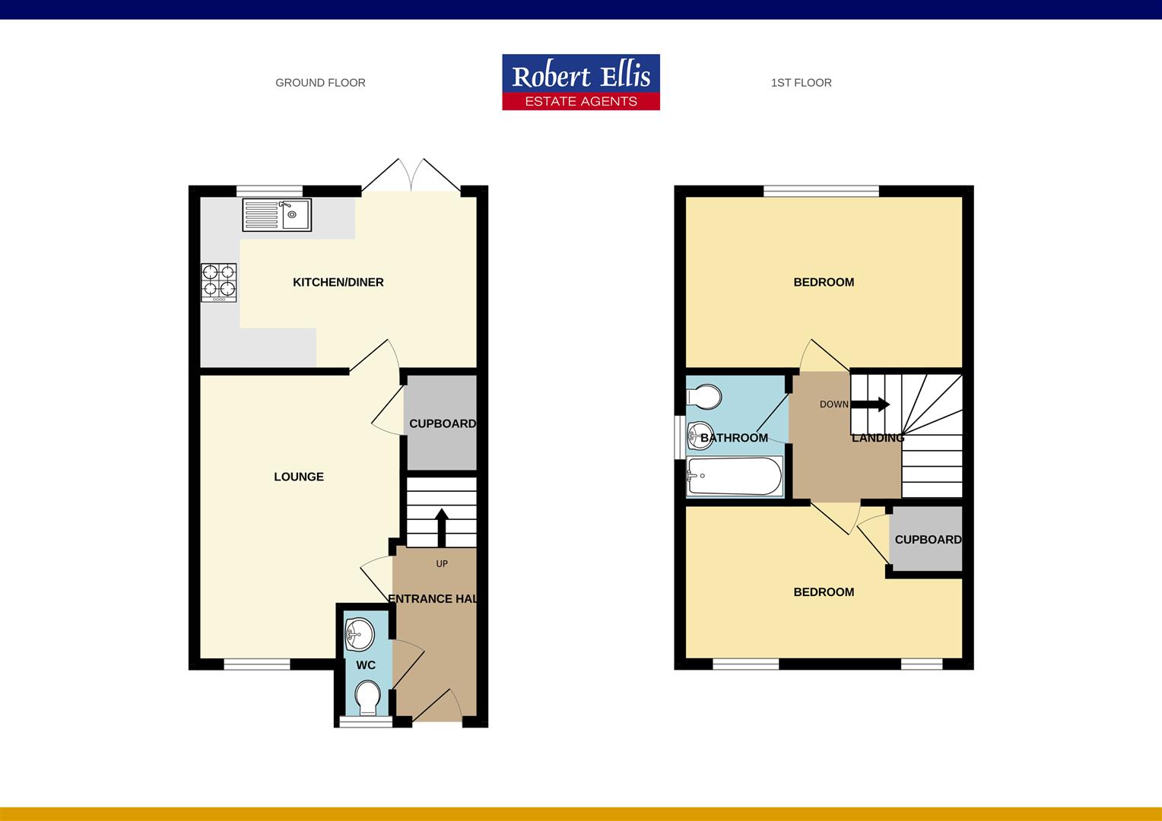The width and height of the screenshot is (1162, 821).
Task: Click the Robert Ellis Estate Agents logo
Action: tap(581, 82)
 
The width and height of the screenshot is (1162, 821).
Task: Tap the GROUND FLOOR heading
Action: tap(320, 83)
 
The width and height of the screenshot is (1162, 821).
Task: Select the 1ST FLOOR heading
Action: tap(801, 83)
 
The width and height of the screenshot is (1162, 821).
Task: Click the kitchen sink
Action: tap(277, 214)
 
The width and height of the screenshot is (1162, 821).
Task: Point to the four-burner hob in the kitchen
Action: tap(219, 283)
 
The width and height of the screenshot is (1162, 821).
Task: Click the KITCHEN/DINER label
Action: tap(338, 282)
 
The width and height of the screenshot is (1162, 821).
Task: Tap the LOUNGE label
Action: tap(299, 477)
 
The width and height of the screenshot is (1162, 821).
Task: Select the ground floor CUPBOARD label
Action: tap(443, 423)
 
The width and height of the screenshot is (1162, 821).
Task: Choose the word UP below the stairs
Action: tap(442, 564)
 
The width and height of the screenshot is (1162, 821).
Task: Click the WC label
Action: tap(366, 665)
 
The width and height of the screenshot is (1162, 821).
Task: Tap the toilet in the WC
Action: tap(368, 698)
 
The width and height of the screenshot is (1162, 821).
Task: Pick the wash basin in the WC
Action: tap(359, 634)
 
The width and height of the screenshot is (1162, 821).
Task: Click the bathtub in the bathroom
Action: tap(735, 477)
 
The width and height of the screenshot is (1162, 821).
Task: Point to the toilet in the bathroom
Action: tap(703, 396)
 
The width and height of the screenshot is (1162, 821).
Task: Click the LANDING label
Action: tap(878, 438)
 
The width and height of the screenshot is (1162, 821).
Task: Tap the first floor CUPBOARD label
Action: tap(928, 540)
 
